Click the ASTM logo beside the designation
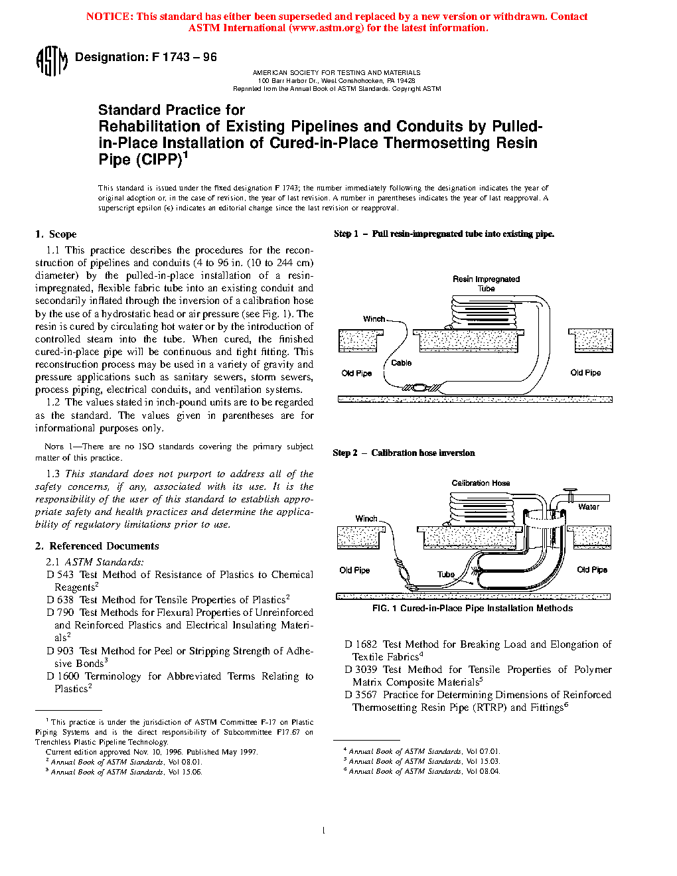coord(51,60)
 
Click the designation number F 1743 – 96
coord(184,57)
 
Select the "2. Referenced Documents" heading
coord(97,546)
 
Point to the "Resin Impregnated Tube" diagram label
coord(486,283)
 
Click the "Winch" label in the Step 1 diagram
coord(374,319)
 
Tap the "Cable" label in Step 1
coord(401,363)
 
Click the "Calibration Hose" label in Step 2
coord(481,483)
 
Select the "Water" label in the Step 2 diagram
coord(588,507)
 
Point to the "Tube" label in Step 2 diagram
coord(445,575)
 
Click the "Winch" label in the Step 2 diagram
coord(366,519)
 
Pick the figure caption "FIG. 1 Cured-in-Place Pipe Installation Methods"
coord(472,609)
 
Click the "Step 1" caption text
coord(345,234)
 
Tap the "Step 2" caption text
coord(344,453)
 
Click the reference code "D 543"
coord(60,575)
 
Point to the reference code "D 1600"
coord(63,676)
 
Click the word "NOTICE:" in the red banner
coord(110,17)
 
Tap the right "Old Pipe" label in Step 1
coord(585,373)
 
